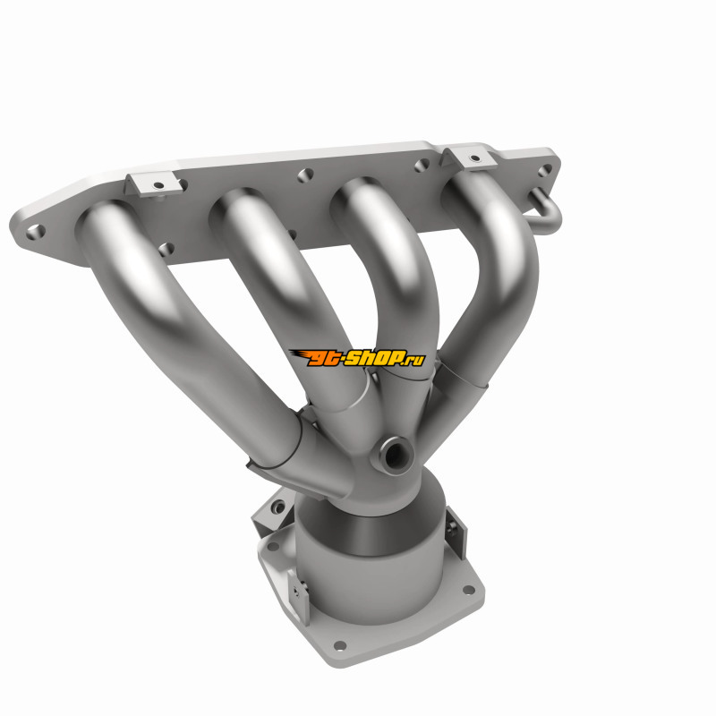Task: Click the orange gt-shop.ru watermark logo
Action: click(357, 358)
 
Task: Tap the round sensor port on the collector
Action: click(393, 455)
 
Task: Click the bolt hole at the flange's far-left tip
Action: click(35, 232)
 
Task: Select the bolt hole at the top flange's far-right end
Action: click(544, 170)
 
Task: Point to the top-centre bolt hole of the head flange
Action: click(305, 175)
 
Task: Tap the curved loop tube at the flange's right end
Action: click(546, 212)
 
